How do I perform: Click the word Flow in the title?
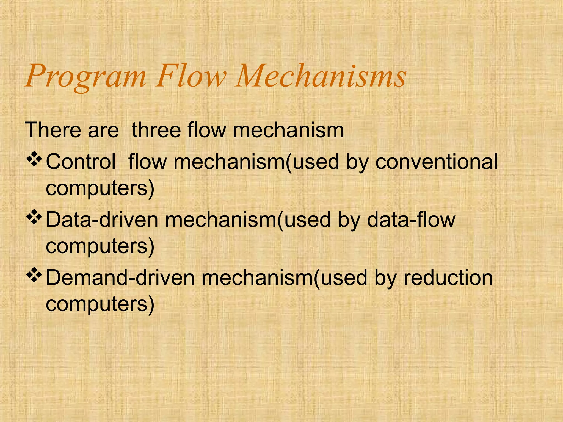(x=191, y=76)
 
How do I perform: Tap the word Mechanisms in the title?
(x=321, y=76)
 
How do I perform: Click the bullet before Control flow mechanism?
(x=34, y=161)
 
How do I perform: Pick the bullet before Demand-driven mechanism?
(x=34, y=277)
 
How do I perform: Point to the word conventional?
(x=437, y=162)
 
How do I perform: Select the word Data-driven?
(x=102, y=220)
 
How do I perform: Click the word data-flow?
(x=411, y=220)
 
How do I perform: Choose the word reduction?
(x=448, y=278)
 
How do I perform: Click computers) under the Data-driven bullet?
(x=100, y=247)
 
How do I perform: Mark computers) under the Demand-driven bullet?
(x=100, y=305)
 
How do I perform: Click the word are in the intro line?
(x=103, y=131)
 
